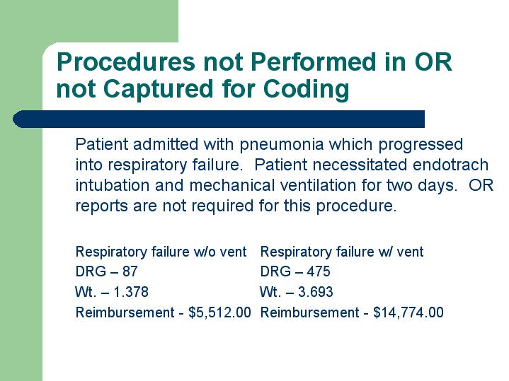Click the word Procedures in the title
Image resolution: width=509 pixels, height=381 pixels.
126,61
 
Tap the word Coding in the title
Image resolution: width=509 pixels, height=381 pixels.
306,89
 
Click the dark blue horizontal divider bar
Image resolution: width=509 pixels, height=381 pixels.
219,119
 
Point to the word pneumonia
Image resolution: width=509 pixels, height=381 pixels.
282,145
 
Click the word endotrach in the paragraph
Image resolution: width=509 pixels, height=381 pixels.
450,165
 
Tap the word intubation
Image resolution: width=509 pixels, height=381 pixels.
113,185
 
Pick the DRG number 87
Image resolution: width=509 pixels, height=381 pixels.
130,271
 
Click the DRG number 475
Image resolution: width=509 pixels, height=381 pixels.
319,271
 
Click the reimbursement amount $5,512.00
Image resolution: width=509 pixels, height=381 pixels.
219,312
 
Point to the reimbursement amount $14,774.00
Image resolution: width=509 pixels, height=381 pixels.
408,312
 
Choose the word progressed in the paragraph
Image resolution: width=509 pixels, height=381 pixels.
421,145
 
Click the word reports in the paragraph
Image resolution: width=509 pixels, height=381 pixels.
102,206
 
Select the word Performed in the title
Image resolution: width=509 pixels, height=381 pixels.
313,61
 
